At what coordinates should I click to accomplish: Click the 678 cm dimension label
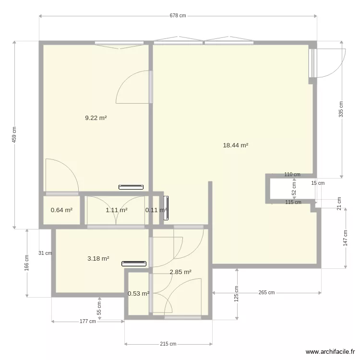[178, 15]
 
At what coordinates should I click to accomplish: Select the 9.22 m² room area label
[96, 118]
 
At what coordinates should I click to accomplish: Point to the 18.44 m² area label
[235, 145]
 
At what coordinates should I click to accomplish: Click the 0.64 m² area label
[61, 210]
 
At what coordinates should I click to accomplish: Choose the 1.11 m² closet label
[116, 210]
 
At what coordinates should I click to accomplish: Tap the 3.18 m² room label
[98, 258]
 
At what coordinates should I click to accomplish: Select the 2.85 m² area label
[180, 272]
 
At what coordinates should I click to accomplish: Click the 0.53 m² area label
[138, 293]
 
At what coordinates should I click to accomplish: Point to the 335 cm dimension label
[341, 109]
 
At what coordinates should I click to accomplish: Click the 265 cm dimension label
[266, 292]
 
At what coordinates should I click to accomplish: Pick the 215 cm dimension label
[168, 344]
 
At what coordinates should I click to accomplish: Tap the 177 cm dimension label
[88, 321]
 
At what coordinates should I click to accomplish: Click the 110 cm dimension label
[292, 175]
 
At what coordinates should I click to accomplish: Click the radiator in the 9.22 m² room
[131, 187]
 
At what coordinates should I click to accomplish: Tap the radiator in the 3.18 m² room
[133, 263]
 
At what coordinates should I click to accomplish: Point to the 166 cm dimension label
[27, 263]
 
